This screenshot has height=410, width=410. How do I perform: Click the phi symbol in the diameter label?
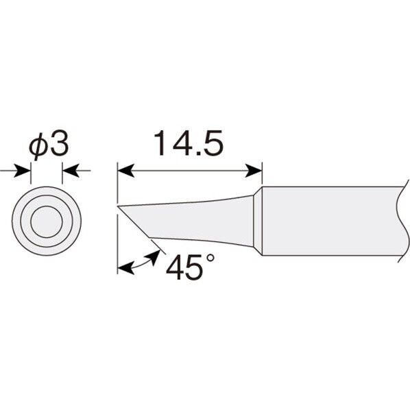[37, 145]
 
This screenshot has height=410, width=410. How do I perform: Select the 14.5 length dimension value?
[190, 144]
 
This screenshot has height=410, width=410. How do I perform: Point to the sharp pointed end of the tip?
[119, 208]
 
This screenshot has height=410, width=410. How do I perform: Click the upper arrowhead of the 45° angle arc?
[157, 252]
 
